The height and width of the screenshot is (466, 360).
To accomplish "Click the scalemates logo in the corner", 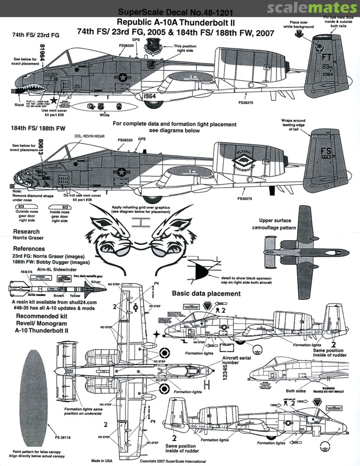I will tap(312, 8).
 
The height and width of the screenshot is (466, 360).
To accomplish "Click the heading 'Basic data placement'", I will tap(206, 293).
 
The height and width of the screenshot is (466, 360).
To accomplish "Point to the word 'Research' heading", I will tap(26, 232).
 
